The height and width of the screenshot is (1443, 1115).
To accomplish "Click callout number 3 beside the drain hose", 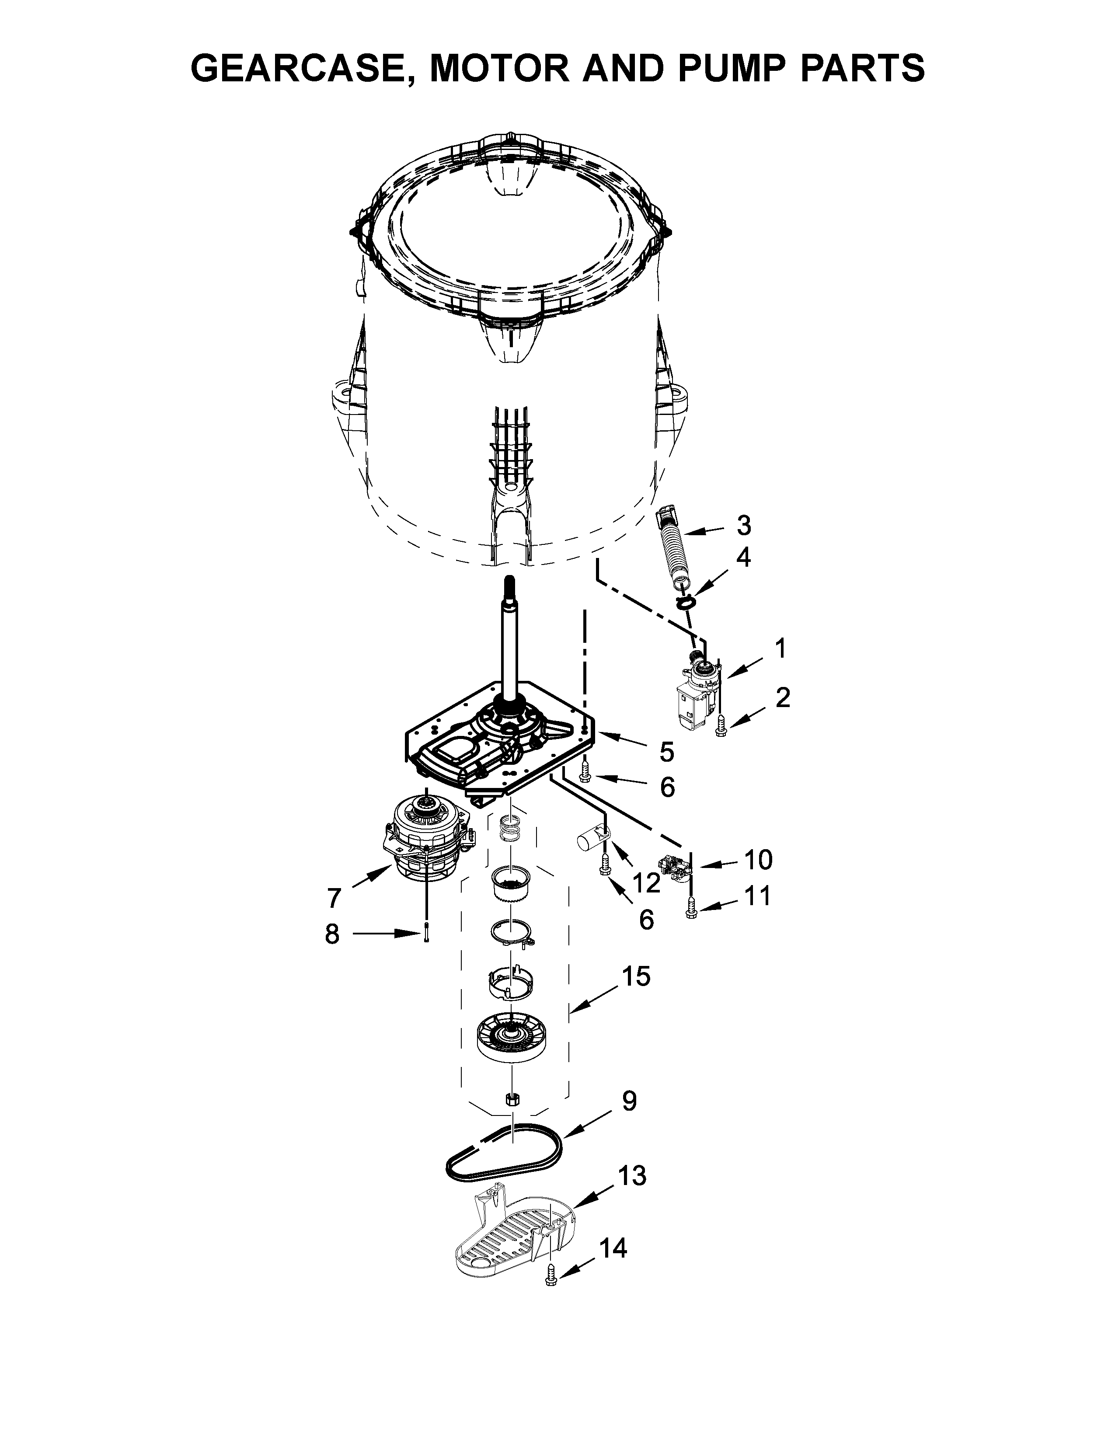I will (744, 526).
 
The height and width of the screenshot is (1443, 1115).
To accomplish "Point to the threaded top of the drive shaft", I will (509, 586).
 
